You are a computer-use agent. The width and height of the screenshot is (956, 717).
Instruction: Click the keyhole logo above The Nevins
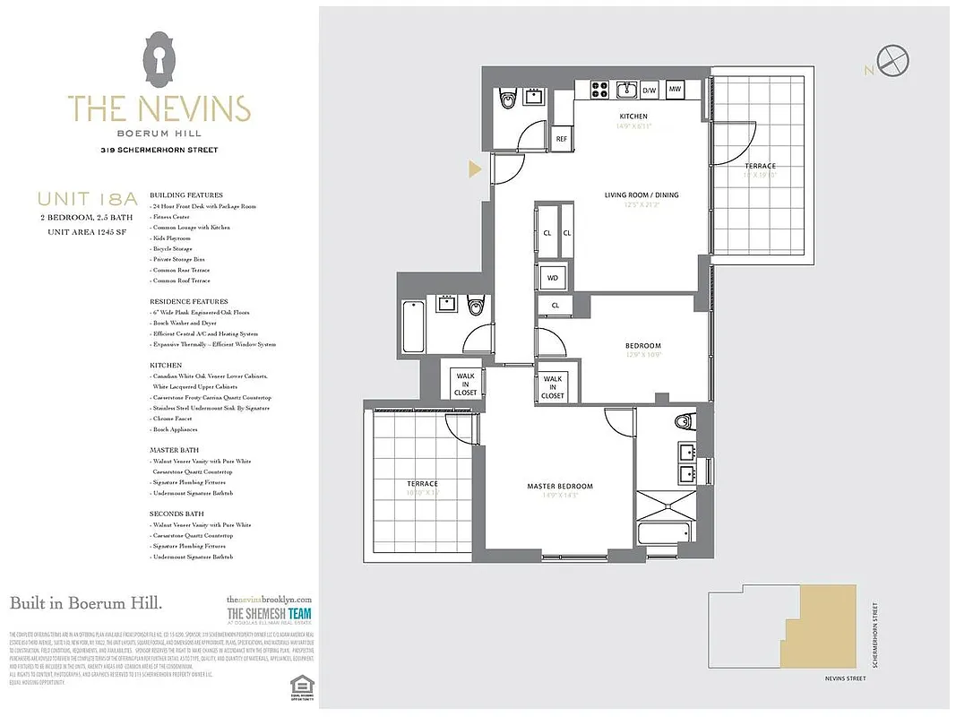point(159,60)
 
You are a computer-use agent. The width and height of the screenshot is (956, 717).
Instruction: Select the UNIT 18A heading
point(73,199)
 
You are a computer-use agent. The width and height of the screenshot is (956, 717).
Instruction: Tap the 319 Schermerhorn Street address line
point(159,150)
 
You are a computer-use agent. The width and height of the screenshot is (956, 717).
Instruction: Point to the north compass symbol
point(892,62)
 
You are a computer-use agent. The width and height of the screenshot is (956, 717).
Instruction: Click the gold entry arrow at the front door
point(475,168)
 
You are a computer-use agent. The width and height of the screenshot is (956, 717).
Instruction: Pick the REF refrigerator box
point(562,139)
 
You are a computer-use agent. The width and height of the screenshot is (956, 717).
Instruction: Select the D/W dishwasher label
point(650,90)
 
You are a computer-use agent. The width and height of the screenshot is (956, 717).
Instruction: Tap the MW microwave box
point(676,90)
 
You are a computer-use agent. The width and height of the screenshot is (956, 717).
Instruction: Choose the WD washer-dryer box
point(553,278)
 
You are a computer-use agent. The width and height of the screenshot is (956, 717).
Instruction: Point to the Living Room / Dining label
point(641,194)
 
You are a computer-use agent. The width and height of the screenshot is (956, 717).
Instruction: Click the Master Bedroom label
point(559,487)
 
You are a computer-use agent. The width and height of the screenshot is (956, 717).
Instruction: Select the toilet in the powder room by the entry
point(508,99)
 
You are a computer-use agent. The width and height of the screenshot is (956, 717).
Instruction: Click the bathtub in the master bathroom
point(663,533)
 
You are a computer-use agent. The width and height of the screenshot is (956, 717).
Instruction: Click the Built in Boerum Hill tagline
point(86,603)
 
